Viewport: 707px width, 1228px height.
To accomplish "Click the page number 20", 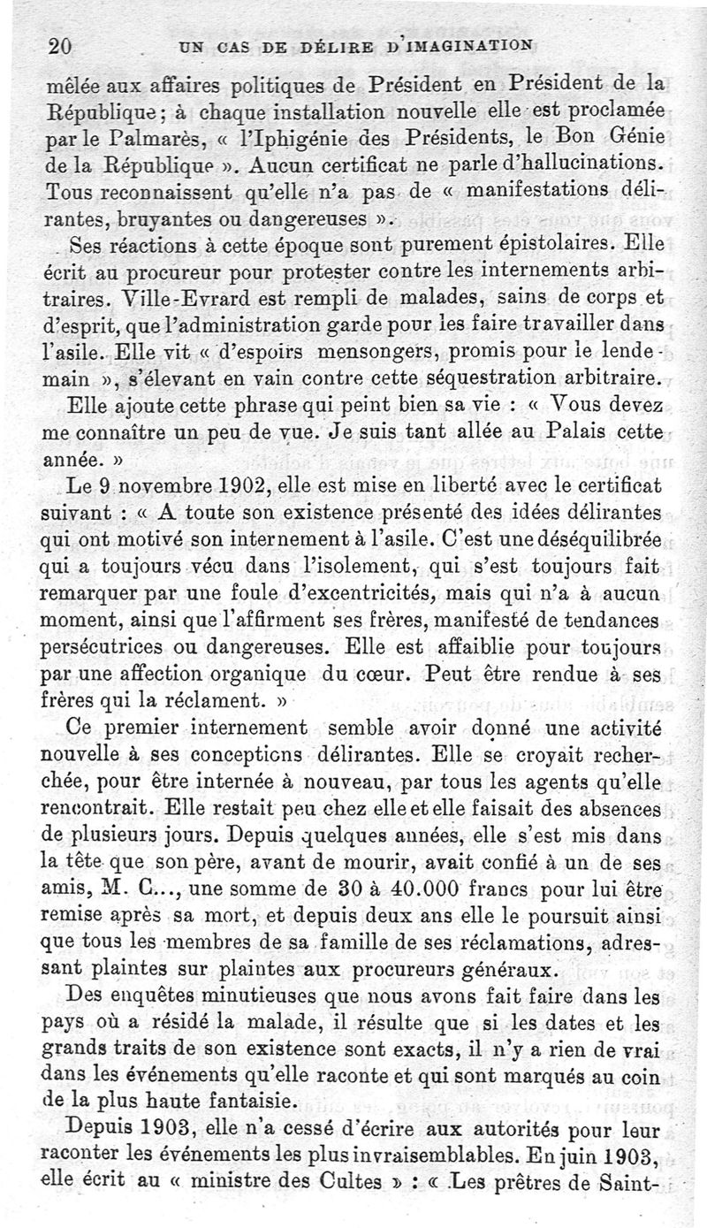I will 59,47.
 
